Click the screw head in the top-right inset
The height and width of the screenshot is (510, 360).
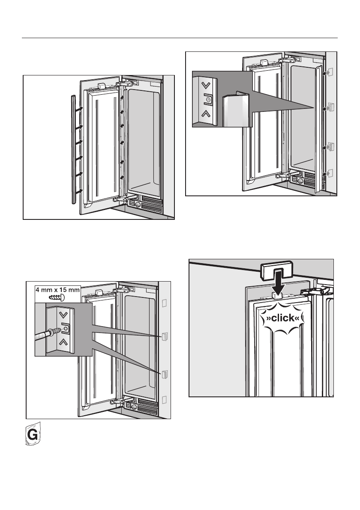209,100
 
